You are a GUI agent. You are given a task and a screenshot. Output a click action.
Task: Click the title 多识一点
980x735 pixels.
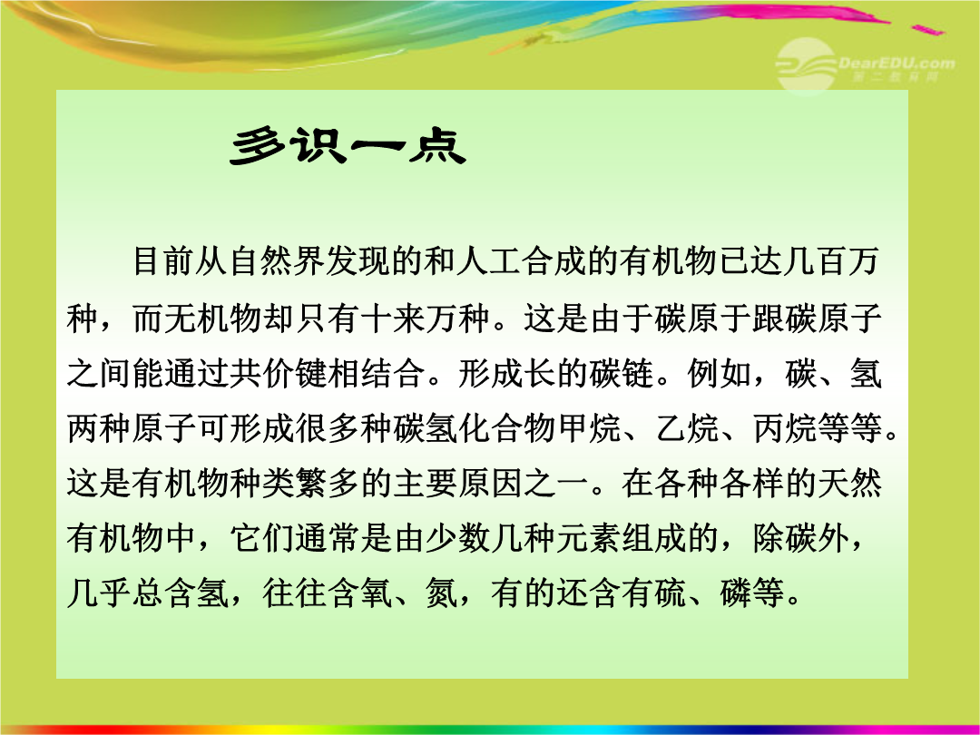click(x=348, y=147)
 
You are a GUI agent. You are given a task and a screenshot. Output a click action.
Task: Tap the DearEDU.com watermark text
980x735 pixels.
click(x=897, y=63)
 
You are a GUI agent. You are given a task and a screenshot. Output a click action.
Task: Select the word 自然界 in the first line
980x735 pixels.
click(x=279, y=260)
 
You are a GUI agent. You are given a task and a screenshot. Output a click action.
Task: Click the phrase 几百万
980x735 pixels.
click(x=832, y=260)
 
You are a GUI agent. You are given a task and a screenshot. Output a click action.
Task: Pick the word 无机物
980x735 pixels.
click(x=212, y=318)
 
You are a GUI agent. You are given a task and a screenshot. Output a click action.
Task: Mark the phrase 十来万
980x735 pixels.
click(x=408, y=318)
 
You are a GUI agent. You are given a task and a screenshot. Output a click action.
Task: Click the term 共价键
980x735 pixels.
click(x=279, y=373)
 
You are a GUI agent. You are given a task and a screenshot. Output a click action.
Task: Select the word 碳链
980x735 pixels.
click(x=620, y=373)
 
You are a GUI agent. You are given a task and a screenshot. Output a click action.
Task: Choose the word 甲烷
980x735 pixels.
click(x=587, y=428)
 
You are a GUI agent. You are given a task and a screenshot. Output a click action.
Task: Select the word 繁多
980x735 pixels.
click(x=327, y=483)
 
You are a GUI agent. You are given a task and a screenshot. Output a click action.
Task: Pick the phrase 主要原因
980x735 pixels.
click(x=456, y=483)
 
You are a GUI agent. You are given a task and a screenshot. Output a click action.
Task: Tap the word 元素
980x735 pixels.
click(x=587, y=538)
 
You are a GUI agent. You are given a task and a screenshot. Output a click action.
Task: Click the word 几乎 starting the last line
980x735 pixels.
click(x=99, y=593)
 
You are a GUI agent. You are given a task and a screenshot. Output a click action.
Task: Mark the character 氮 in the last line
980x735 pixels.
click(x=441, y=593)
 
